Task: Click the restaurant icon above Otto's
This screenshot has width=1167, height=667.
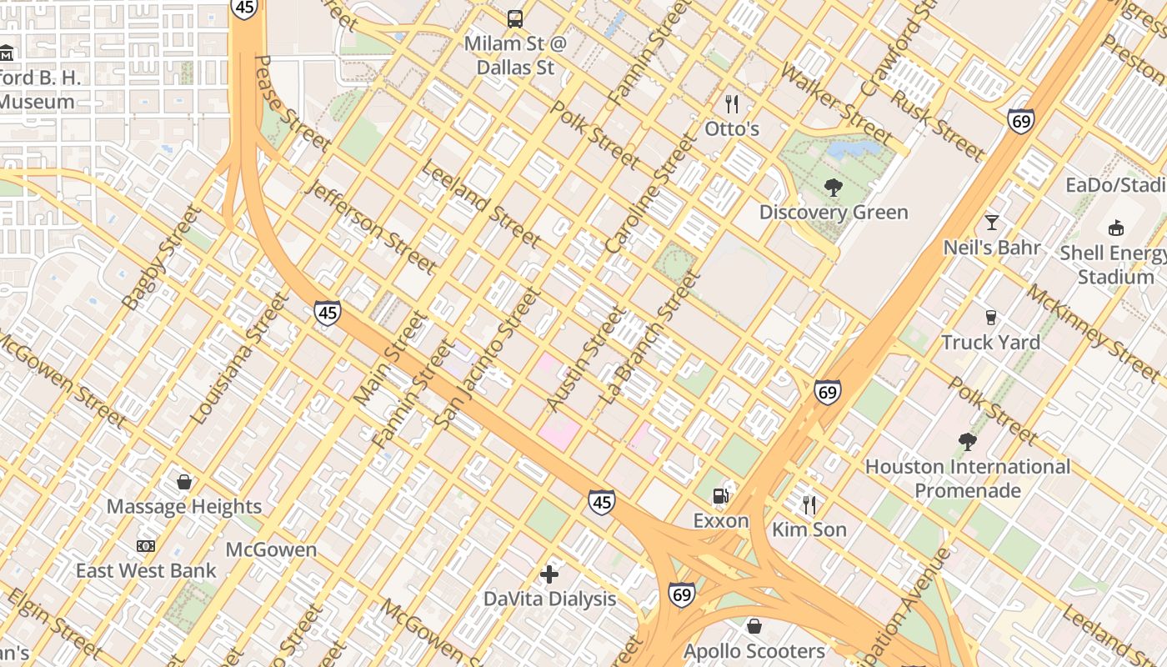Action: coord(732,104)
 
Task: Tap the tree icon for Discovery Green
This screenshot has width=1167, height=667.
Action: coord(833,188)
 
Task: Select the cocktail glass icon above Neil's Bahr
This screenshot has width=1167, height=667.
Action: coord(992,223)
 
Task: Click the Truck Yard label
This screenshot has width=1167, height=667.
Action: coord(990,343)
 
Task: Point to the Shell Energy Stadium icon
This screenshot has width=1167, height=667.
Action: coord(1116,228)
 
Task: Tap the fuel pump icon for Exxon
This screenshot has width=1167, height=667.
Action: coord(722,495)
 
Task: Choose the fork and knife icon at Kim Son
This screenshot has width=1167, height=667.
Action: coord(809,504)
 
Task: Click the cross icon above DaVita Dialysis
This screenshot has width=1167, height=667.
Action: coord(549,574)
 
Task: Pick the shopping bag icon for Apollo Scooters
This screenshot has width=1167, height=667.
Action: coord(754,625)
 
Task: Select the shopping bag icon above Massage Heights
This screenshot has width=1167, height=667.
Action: coord(184,482)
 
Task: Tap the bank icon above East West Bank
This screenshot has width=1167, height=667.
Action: coord(146,546)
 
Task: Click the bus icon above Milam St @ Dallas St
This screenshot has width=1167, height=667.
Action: coord(515,18)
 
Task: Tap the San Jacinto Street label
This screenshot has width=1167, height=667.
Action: coord(486,359)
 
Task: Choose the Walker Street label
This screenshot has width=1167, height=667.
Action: coord(837,101)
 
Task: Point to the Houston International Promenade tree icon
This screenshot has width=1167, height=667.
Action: coord(967,441)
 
